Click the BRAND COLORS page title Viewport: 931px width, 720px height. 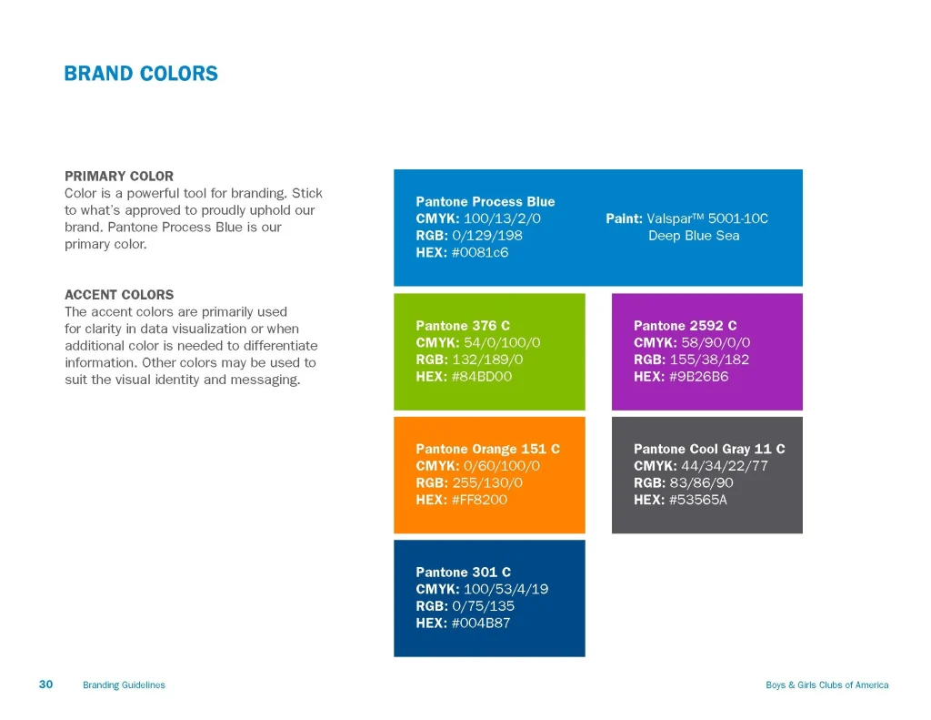(x=141, y=74)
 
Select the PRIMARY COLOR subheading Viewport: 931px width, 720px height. (x=119, y=176)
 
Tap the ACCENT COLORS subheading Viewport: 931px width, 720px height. (x=119, y=295)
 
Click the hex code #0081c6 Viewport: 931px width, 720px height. (x=480, y=252)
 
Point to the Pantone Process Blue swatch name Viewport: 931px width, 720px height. (x=485, y=201)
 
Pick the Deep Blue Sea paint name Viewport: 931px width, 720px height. (x=694, y=236)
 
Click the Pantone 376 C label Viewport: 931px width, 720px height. (x=463, y=325)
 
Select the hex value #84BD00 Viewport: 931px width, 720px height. (x=482, y=376)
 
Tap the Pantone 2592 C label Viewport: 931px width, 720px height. (x=685, y=325)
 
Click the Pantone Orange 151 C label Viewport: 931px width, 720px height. (x=487, y=449)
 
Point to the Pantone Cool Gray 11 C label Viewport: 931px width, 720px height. (x=709, y=449)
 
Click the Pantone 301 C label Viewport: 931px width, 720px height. (x=463, y=572)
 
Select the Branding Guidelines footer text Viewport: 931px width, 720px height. (x=124, y=685)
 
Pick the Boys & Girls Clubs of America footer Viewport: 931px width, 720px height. (x=826, y=685)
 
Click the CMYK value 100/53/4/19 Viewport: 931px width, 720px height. (x=506, y=589)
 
